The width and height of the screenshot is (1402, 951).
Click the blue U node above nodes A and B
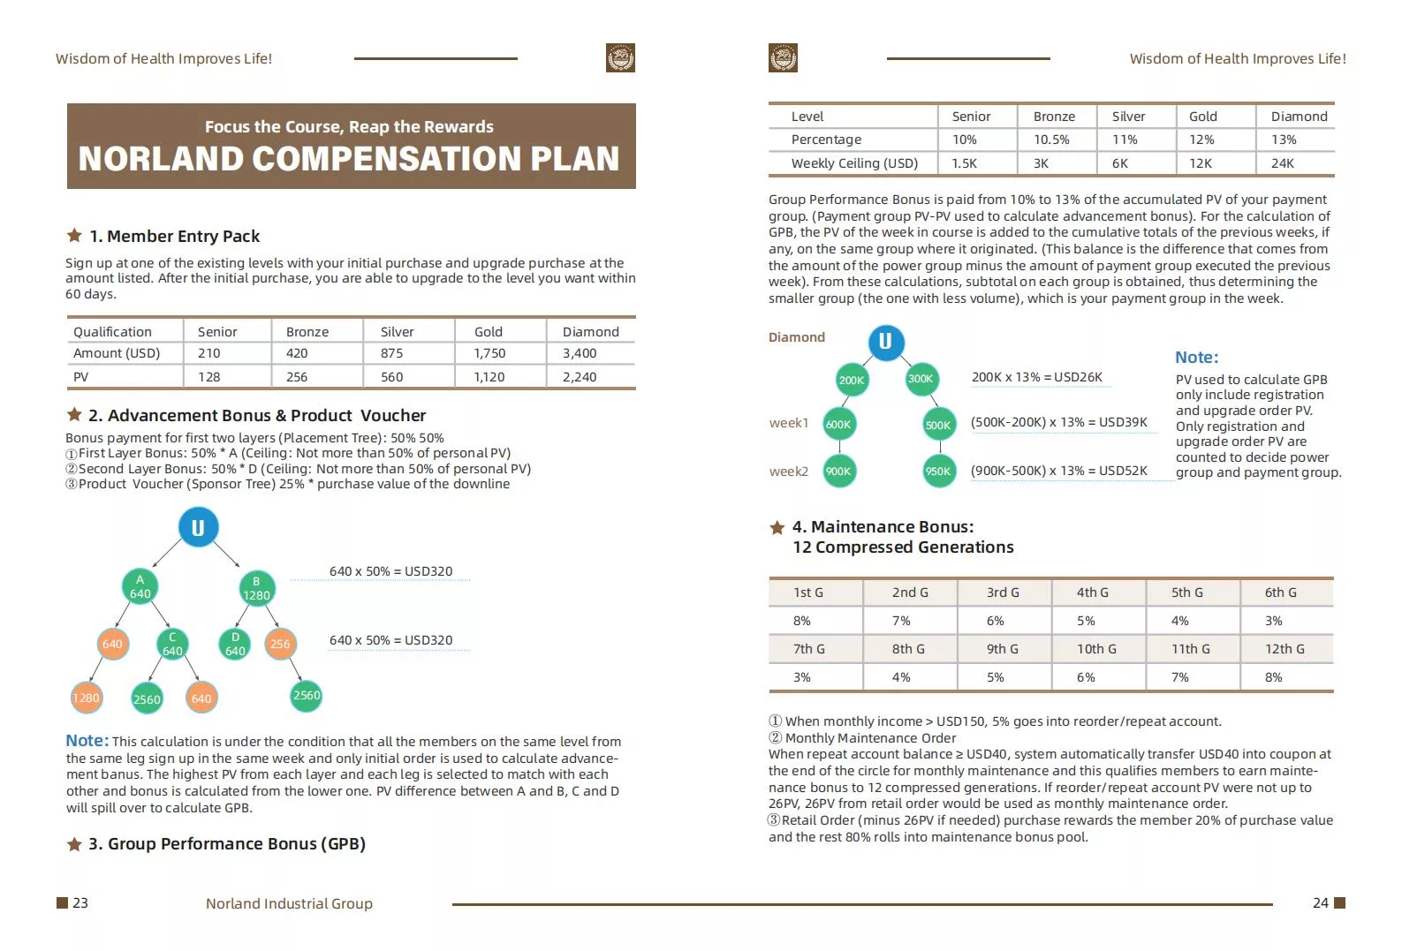click(x=199, y=527)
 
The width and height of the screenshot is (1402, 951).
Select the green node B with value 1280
click(x=256, y=588)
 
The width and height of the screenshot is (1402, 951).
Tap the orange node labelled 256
click(x=280, y=644)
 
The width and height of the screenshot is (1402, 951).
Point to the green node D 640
click(x=235, y=644)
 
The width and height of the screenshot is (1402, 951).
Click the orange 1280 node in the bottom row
click(x=86, y=698)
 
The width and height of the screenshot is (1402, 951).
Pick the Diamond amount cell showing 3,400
click(x=580, y=353)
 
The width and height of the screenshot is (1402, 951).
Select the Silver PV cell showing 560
click(x=392, y=377)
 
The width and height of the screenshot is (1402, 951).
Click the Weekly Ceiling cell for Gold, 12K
click(x=1201, y=163)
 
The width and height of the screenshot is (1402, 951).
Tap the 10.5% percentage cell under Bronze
click(x=1051, y=140)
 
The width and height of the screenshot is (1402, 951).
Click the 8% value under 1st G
click(x=802, y=621)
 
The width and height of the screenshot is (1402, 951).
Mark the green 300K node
click(x=921, y=379)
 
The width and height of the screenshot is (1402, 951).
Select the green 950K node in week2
click(x=938, y=472)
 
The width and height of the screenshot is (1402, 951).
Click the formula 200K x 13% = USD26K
click(x=1036, y=377)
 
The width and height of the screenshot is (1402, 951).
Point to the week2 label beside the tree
click(x=789, y=472)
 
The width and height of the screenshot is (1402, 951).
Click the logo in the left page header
click(x=620, y=57)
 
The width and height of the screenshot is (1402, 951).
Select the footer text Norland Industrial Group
click(x=289, y=903)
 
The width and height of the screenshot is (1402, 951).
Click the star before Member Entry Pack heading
click(x=74, y=235)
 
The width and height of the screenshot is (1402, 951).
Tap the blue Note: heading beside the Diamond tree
click(x=1197, y=358)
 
